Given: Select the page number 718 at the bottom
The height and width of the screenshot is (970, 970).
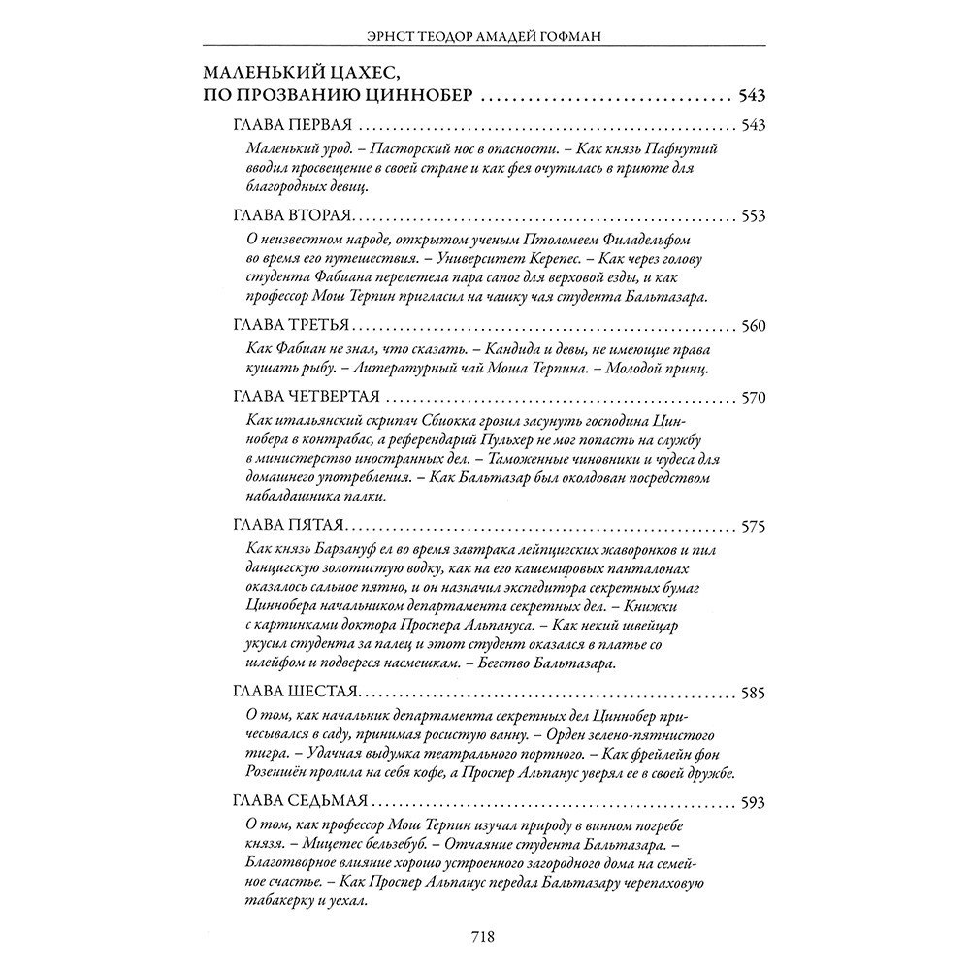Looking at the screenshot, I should coord(483,937).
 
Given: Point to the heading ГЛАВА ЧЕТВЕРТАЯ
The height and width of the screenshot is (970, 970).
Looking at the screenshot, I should coord(306,399).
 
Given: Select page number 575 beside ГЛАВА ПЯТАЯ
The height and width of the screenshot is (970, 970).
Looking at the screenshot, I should coord(753,527).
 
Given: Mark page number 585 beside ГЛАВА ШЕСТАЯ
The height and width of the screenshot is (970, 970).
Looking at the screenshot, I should coord(753,695).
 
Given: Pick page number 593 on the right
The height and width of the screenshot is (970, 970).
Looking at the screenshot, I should coord(753,802).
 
